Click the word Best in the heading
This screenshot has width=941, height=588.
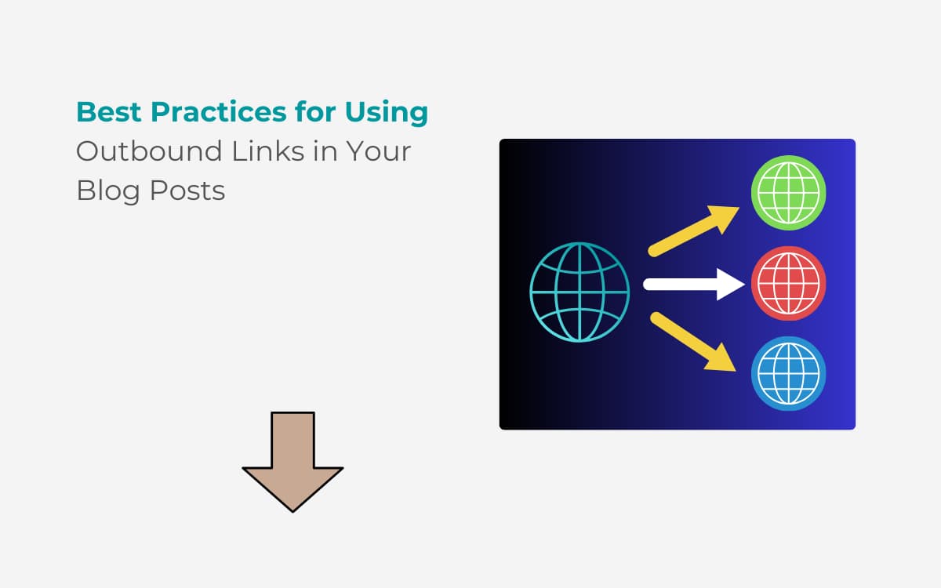pyautogui.click(x=109, y=112)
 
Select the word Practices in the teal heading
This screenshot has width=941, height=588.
pyautogui.click(x=219, y=112)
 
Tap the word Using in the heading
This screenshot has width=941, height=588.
pyautogui.click(x=387, y=114)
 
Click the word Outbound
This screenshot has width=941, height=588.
pyautogui.click(x=149, y=151)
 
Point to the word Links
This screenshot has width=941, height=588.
pyautogui.click(x=268, y=151)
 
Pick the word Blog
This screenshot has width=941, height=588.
pyautogui.click(x=108, y=191)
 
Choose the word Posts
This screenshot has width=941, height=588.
pyautogui.click(x=187, y=191)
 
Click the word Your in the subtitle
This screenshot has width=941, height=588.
pyautogui.click(x=379, y=151)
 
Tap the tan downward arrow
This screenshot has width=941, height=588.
pyautogui.click(x=292, y=462)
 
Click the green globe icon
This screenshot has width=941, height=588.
pyautogui.click(x=789, y=193)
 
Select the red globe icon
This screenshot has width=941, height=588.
pyautogui.click(x=789, y=284)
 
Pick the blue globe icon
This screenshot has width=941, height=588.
pyautogui.click(x=789, y=374)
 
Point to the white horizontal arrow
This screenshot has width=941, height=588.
pyautogui.click(x=694, y=285)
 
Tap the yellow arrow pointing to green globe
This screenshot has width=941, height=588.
pyautogui.click(x=693, y=231)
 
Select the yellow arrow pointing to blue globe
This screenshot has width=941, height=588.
pyautogui.click(x=693, y=342)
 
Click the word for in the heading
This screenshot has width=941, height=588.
pyautogui.click(x=315, y=112)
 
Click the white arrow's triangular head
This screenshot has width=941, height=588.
pyautogui.click(x=731, y=285)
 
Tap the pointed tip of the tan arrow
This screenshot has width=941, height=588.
pyautogui.click(x=292, y=512)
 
